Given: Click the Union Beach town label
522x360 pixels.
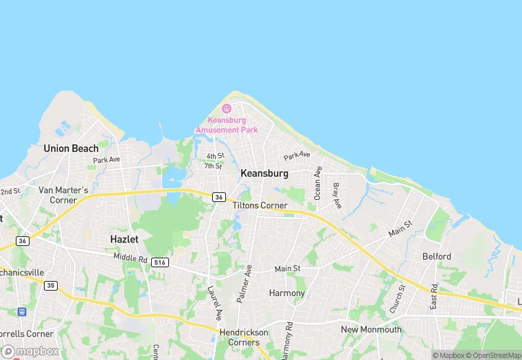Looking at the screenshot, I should click(x=71, y=148).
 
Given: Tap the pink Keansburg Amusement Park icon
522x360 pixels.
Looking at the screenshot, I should click(x=227, y=109).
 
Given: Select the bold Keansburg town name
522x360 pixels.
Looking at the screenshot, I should click(x=264, y=174).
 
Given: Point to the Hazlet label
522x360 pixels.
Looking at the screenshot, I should click(x=124, y=239).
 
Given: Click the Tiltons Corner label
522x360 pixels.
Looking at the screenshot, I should click(x=260, y=205).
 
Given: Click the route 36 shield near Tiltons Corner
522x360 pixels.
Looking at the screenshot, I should click(x=218, y=197).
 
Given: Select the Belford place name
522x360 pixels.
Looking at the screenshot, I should click(x=437, y=256).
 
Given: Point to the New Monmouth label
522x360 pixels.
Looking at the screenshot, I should click(x=371, y=329).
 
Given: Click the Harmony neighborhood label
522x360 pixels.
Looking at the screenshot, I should click(x=286, y=293).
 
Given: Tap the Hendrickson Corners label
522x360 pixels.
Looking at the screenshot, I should click(x=244, y=337).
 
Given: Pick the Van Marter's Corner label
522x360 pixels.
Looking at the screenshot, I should click(x=63, y=194).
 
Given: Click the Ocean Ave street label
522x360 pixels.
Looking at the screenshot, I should click(x=317, y=183).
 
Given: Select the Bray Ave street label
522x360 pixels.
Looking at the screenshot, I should click(x=337, y=196).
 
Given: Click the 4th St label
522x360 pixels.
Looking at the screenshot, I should click(x=215, y=156).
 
